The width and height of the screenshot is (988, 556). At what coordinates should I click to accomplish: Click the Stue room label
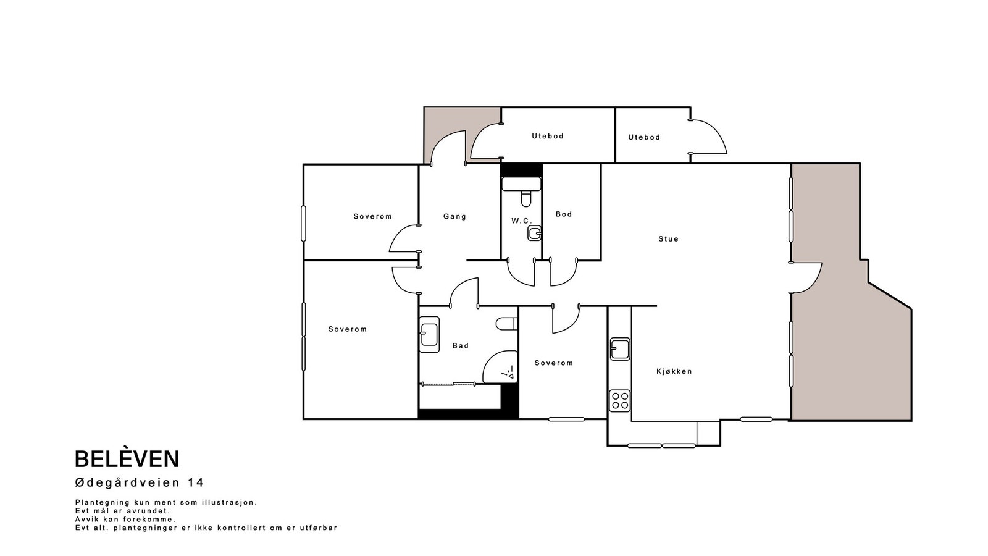668,239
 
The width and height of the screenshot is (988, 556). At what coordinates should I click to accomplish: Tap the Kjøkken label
674,371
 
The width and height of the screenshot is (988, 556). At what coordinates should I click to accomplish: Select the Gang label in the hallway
454,217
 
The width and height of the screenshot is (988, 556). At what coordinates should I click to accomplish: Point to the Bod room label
564,214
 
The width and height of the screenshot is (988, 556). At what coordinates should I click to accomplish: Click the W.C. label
521,221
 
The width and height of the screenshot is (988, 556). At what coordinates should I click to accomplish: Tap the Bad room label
461,346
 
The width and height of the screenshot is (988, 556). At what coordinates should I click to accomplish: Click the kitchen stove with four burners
620,401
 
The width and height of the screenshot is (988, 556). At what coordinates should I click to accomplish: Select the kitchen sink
620,349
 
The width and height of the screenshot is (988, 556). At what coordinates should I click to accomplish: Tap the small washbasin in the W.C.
535,234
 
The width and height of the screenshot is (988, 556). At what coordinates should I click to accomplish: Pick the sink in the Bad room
429,334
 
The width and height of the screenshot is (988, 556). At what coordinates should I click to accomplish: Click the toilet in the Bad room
507,324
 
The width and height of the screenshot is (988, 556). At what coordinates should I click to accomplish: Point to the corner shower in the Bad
500,367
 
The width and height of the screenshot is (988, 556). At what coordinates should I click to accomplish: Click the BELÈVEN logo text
127,460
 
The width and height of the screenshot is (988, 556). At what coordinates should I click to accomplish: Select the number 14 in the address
195,482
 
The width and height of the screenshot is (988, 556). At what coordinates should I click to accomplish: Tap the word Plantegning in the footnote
103,503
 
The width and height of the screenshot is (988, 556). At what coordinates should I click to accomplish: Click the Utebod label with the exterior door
644,137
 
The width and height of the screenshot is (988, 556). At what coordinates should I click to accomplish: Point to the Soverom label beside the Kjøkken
553,363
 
